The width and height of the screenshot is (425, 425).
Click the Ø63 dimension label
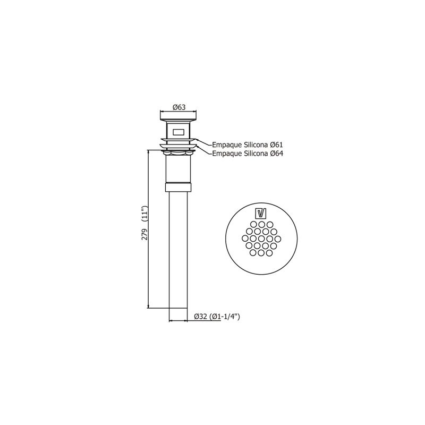point(179,107)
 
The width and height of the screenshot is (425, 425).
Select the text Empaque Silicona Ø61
point(247,144)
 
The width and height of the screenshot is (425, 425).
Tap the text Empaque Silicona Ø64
point(247,154)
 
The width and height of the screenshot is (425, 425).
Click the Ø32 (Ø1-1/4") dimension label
point(217,316)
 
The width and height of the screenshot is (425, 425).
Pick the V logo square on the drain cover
point(261,214)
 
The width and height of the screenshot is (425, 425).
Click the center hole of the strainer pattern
point(261,239)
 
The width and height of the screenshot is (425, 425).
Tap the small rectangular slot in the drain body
point(178,132)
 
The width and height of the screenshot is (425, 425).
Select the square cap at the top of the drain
point(178,116)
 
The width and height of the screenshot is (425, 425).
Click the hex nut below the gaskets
point(178,153)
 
